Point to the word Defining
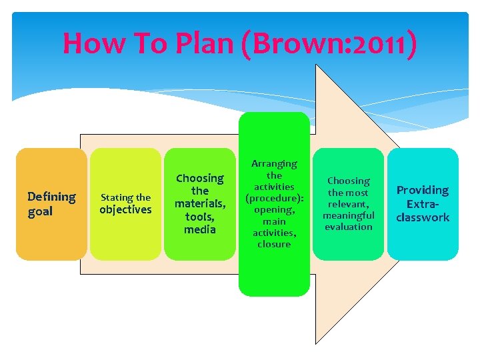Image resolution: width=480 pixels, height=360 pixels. [51, 197]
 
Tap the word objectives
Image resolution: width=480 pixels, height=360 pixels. [125, 210]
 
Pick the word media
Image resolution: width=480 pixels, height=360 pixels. [200, 230]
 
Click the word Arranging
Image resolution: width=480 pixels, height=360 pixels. [274, 163]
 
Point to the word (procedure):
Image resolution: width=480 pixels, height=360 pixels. [274, 198]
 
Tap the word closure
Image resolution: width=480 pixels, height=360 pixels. [274, 244]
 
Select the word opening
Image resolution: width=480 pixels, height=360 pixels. [274, 209]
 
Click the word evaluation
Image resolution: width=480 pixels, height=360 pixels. [349, 227]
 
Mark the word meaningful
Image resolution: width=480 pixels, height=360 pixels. [349, 215]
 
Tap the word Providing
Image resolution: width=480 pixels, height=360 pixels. [423, 190]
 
